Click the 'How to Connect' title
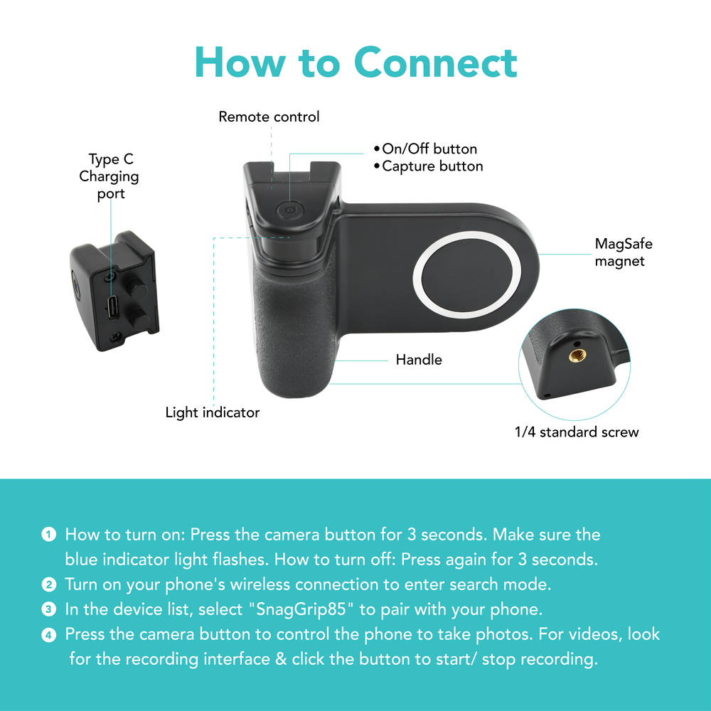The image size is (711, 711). (x=356, y=62)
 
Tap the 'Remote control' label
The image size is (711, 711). (x=269, y=117)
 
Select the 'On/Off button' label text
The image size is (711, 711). (x=429, y=149)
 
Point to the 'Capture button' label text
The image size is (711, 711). (x=432, y=166)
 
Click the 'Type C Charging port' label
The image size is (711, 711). (x=109, y=176)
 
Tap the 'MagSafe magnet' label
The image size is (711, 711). (x=624, y=252)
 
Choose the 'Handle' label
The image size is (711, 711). (x=419, y=360)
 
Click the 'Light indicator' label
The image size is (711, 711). (x=212, y=412)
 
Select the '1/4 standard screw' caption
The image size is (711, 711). (x=577, y=432)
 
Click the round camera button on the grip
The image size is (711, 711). (x=290, y=210)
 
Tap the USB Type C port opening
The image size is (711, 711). (x=112, y=307)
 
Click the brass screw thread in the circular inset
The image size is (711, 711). (x=577, y=355)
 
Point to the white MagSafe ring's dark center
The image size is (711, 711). (x=467, y=274)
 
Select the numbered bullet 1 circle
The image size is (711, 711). (x=48, y=534)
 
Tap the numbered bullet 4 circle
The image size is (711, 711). (x=48, y=635)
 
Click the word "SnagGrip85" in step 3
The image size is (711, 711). (x=301, y=609)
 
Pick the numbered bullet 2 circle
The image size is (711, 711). (x=48, y=584)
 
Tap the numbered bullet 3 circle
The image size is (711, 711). (x=48, y=609)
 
